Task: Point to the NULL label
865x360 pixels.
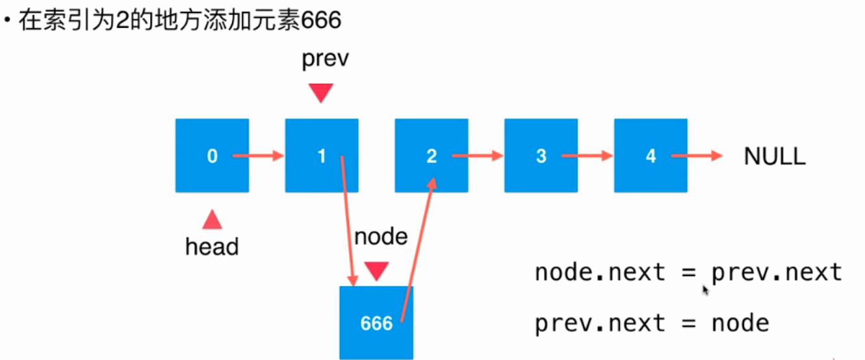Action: [775, 156]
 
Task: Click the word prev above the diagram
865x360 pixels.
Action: [325, 59]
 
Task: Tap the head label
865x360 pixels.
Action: [212, 247]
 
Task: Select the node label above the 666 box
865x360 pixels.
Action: [381, 237]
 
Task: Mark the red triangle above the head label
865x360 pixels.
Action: [212, 220]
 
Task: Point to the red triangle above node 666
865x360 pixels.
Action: [376, 270]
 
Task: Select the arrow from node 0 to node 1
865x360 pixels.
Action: [259, 156]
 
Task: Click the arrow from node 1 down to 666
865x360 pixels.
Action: [348, 221]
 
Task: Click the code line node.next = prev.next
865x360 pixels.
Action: [688, 272]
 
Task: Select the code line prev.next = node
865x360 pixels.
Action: [651, 323]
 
